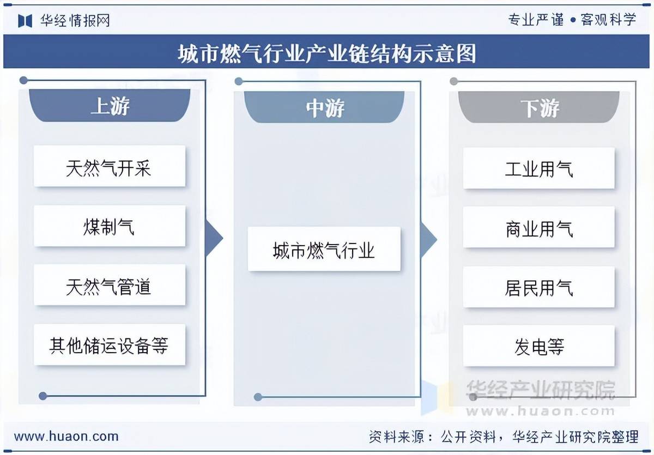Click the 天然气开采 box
110,166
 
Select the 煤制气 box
110,226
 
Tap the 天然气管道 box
110,285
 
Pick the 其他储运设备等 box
110,345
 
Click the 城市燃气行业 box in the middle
324,249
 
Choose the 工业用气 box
539,168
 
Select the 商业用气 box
539,227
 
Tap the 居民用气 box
539,287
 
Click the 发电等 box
539,346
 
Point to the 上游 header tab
110,105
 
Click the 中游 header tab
324,107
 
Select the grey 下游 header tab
539,107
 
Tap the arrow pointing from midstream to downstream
429,240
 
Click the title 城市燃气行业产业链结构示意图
327,53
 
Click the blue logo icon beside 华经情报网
25,21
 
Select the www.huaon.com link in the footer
66,436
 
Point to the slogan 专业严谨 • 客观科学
572,20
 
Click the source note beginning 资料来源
504,437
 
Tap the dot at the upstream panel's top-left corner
23,80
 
